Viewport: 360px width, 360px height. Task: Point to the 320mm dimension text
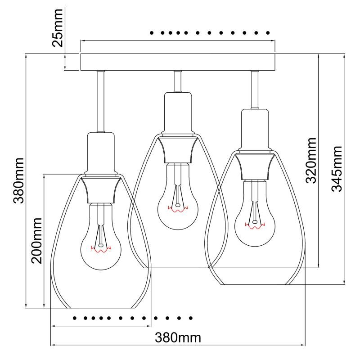click(x=310, y=160)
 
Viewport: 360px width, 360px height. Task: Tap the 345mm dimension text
click(x=337, y=169)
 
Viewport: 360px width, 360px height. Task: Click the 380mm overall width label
click(x=178, y=337)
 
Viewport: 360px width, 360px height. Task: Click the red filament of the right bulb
click(x=256, y=225)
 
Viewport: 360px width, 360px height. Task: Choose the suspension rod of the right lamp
click(x=255, y=90)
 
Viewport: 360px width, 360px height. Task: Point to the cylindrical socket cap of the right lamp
click(x=255, y=130)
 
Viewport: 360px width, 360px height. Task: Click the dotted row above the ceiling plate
click(x=210, y=33)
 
